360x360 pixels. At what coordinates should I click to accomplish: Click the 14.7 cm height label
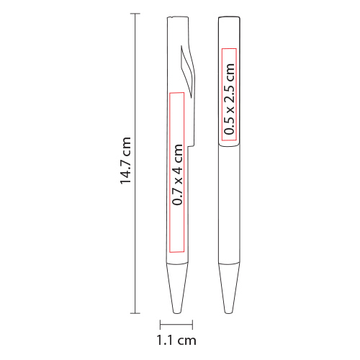[125, 161]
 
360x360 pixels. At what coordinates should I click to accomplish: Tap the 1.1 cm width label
[176, 341]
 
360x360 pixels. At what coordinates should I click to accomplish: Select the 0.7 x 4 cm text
[178, 174]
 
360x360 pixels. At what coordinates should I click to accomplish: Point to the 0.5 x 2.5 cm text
[229, 99]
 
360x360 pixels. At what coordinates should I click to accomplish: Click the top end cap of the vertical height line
[135, 14]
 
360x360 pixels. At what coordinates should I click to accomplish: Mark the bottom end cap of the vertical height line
[135, 313]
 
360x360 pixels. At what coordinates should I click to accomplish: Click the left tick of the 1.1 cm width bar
[161, 325]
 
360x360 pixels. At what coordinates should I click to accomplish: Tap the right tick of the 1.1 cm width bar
[192, 325]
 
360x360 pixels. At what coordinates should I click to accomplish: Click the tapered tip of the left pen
[177, 289]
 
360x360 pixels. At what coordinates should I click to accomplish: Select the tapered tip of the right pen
[229, 289]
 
